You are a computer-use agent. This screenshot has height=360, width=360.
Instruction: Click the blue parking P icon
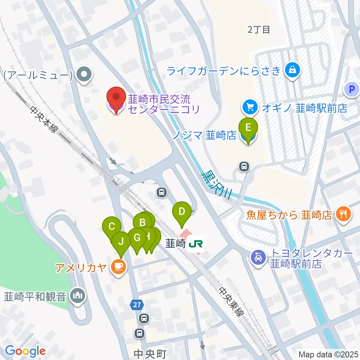pyautogui.click(x=351, y=89)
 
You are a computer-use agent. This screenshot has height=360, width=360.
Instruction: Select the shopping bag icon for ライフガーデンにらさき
pyautogui.click(x=292, y=70)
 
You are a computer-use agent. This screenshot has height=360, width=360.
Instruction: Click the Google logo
pyautogui.click(x=25, y=351)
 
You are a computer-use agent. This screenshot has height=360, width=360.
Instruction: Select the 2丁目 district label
pyautogui.click(x=259, y=30)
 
